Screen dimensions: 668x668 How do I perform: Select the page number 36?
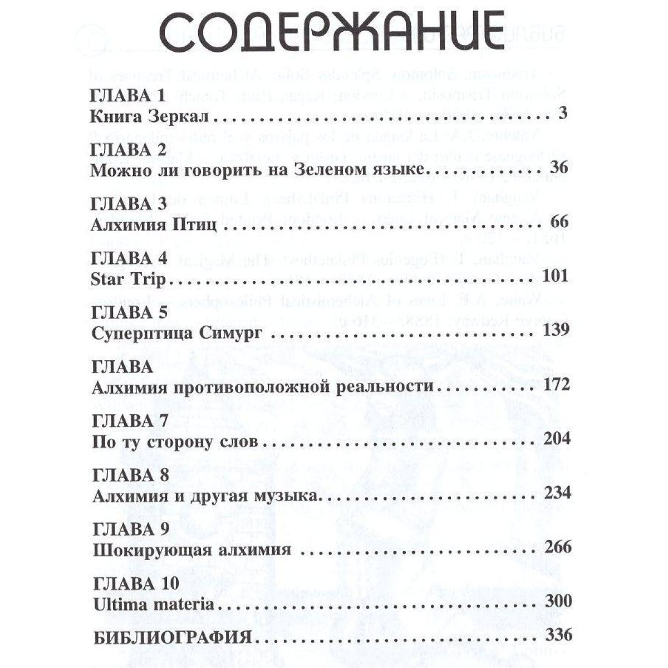point(558,168)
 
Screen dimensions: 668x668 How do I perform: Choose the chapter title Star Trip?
point(128,277)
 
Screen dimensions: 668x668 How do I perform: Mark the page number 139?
point(554,331)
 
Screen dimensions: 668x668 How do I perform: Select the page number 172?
point(554,385)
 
